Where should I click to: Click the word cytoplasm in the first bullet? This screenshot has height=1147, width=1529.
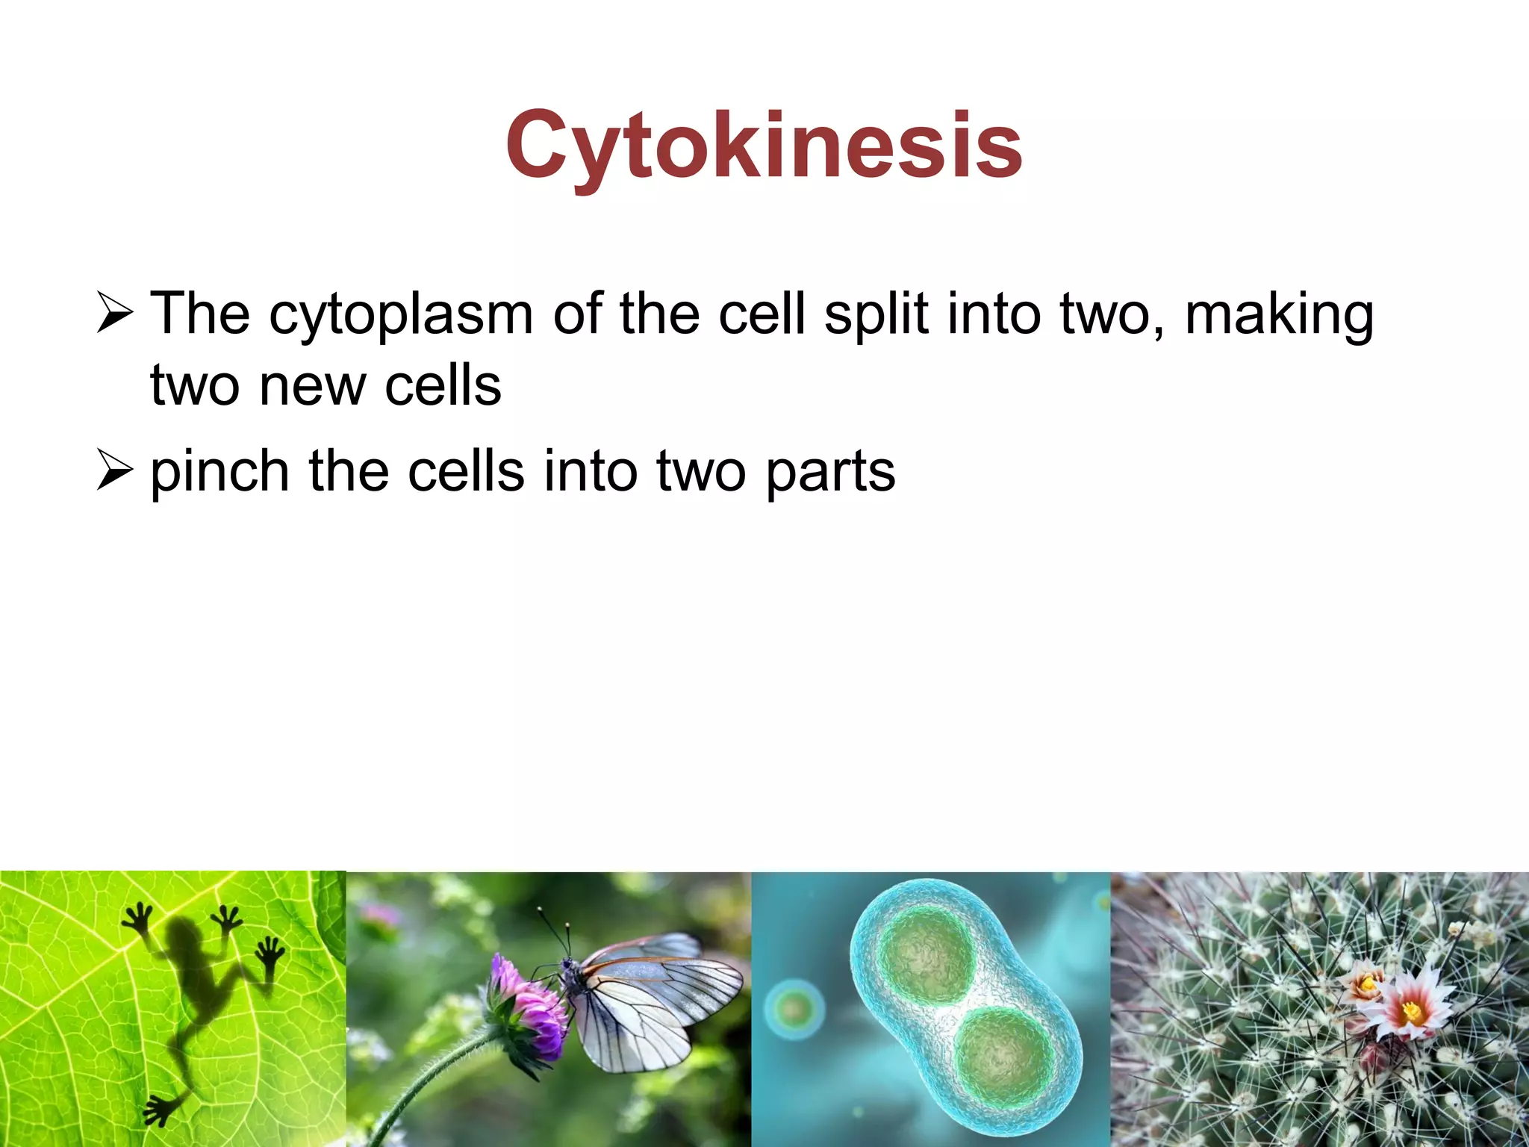(401, 315)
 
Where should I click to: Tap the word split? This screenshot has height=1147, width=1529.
(876, 315)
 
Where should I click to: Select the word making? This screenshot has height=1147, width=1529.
(1279, 315)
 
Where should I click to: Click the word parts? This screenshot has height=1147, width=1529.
(830, 473)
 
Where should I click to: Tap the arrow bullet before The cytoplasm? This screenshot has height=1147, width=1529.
(115, 314)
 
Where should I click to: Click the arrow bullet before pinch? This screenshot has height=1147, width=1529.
(115, 472)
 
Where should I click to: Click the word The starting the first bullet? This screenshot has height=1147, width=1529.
(199, 314)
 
